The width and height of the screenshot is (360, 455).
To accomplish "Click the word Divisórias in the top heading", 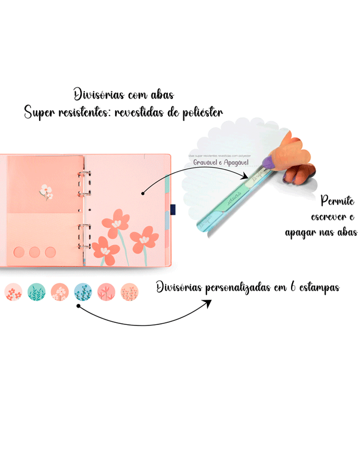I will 96,95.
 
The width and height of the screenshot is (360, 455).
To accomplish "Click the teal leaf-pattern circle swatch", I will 36,292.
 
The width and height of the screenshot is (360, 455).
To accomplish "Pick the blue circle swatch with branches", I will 83,292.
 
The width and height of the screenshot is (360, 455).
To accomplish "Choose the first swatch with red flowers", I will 13,292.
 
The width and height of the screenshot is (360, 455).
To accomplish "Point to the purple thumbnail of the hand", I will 268,163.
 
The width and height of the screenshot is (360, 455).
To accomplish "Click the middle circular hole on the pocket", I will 34,252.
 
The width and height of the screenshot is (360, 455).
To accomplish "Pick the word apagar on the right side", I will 300,232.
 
